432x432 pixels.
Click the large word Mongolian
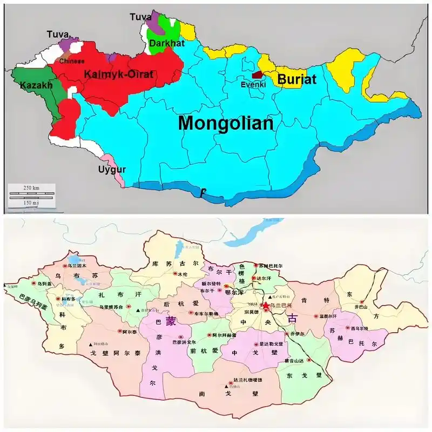[x=226, y=123]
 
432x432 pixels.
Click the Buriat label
[x=296, y=79]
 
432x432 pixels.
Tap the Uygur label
[x=112, y=170]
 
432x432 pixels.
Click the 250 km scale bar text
[x=31, y=187]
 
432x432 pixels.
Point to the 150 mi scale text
[x=31, y=202]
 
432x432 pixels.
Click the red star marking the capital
[x=265, y=306]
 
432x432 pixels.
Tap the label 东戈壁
[x=305, y=375]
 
